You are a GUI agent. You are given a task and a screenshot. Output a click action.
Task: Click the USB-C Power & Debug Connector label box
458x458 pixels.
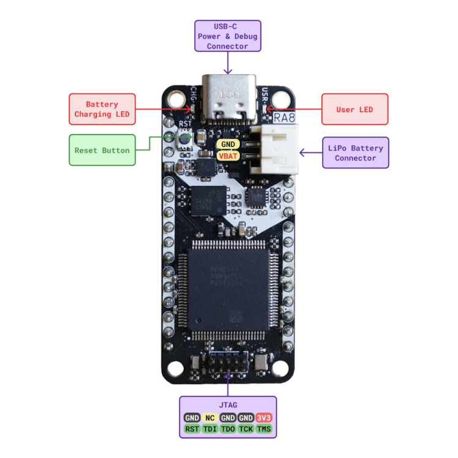point(228,36)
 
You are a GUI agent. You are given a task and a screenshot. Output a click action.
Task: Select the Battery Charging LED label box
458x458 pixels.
point(102,110)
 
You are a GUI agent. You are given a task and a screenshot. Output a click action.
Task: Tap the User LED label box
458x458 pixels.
point(355,110)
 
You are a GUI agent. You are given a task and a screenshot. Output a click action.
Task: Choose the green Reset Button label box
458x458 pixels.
point(102,150)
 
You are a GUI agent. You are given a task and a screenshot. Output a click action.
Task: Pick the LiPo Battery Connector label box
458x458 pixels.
point(355,153)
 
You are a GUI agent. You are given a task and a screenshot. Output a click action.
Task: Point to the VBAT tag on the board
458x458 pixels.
point(228,156)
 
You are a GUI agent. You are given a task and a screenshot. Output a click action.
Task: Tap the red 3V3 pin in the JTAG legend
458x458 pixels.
point(263,418)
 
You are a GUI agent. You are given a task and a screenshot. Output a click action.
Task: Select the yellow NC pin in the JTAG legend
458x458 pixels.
point(210,418)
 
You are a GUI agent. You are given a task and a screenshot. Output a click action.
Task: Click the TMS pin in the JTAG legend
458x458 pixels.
point(263,429)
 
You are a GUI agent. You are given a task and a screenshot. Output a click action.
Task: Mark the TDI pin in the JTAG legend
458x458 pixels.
point(210,429)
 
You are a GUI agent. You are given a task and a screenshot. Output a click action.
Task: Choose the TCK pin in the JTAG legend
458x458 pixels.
point(246,429)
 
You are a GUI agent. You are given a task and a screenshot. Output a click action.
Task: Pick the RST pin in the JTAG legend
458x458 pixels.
point(192,429)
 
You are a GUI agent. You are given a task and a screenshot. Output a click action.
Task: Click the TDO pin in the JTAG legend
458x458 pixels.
point(228,429)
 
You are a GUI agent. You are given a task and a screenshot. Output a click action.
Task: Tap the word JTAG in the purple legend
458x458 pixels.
point(228,405)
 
